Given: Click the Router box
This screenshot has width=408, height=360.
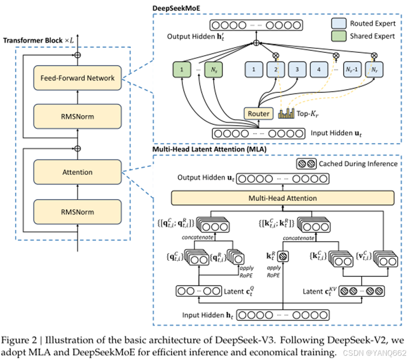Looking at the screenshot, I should (x=258, y=114).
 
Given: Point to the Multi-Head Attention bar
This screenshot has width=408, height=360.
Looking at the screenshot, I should (x=283, y=198).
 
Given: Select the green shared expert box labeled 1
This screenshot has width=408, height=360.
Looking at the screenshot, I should (x=182, y=70).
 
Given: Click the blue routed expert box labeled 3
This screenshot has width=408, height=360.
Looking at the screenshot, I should (x=297, y=70).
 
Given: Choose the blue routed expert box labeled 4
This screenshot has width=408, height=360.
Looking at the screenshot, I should (x=319, y=70).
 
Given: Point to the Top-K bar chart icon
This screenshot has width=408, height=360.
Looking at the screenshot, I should (x=286, y=113).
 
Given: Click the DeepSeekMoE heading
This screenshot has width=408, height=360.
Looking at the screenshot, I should (x=176, y=8).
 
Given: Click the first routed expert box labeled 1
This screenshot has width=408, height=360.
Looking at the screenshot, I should (x=254, y=70).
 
